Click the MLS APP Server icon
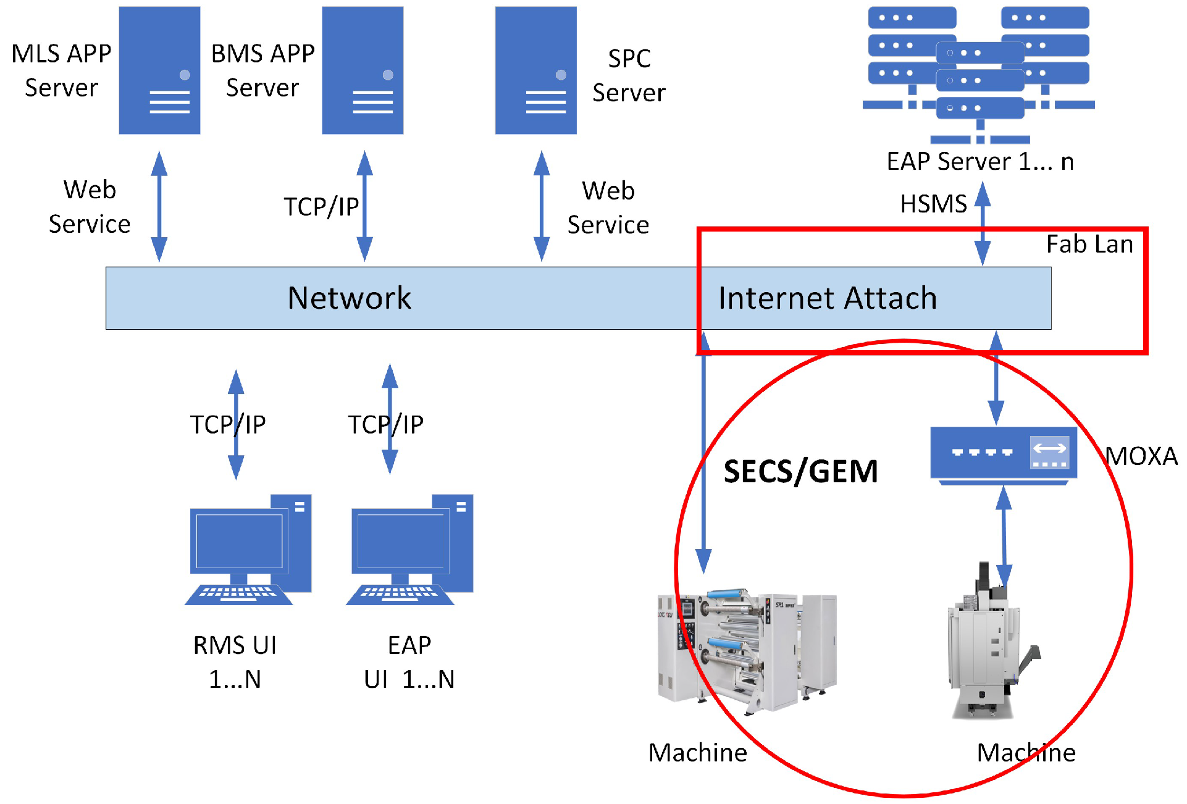[159, 70]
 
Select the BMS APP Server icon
[363, 70]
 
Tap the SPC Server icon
[535, 70]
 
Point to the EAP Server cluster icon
[979, 74]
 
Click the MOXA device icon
[1004, 454]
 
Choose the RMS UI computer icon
[248, 550]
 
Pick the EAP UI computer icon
[409, 550]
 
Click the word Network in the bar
[349, 298]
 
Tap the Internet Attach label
[828, 298]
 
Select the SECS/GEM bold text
[800, 472]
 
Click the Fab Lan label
[1089, 245]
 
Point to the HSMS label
[933, 204]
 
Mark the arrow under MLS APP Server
[159, 206]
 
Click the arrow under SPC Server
[542, 206]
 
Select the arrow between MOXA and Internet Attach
[996, 378]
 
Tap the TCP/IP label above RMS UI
[228, 424]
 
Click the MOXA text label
[1141, 456]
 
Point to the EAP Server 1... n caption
[980, 162]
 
